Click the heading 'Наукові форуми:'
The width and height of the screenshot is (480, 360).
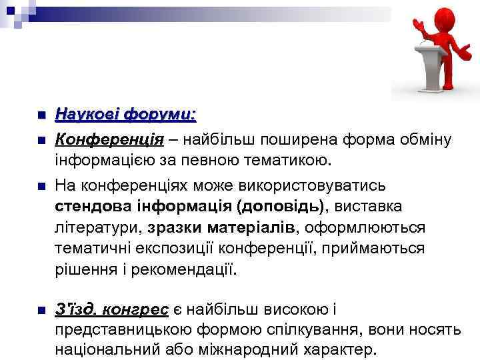(x=125, y=115)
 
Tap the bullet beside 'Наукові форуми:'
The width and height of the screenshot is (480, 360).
(x=40, y=115)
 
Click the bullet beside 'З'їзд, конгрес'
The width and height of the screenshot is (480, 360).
(x=40, y=309)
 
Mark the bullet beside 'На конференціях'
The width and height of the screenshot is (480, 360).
(x=40, y=185)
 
